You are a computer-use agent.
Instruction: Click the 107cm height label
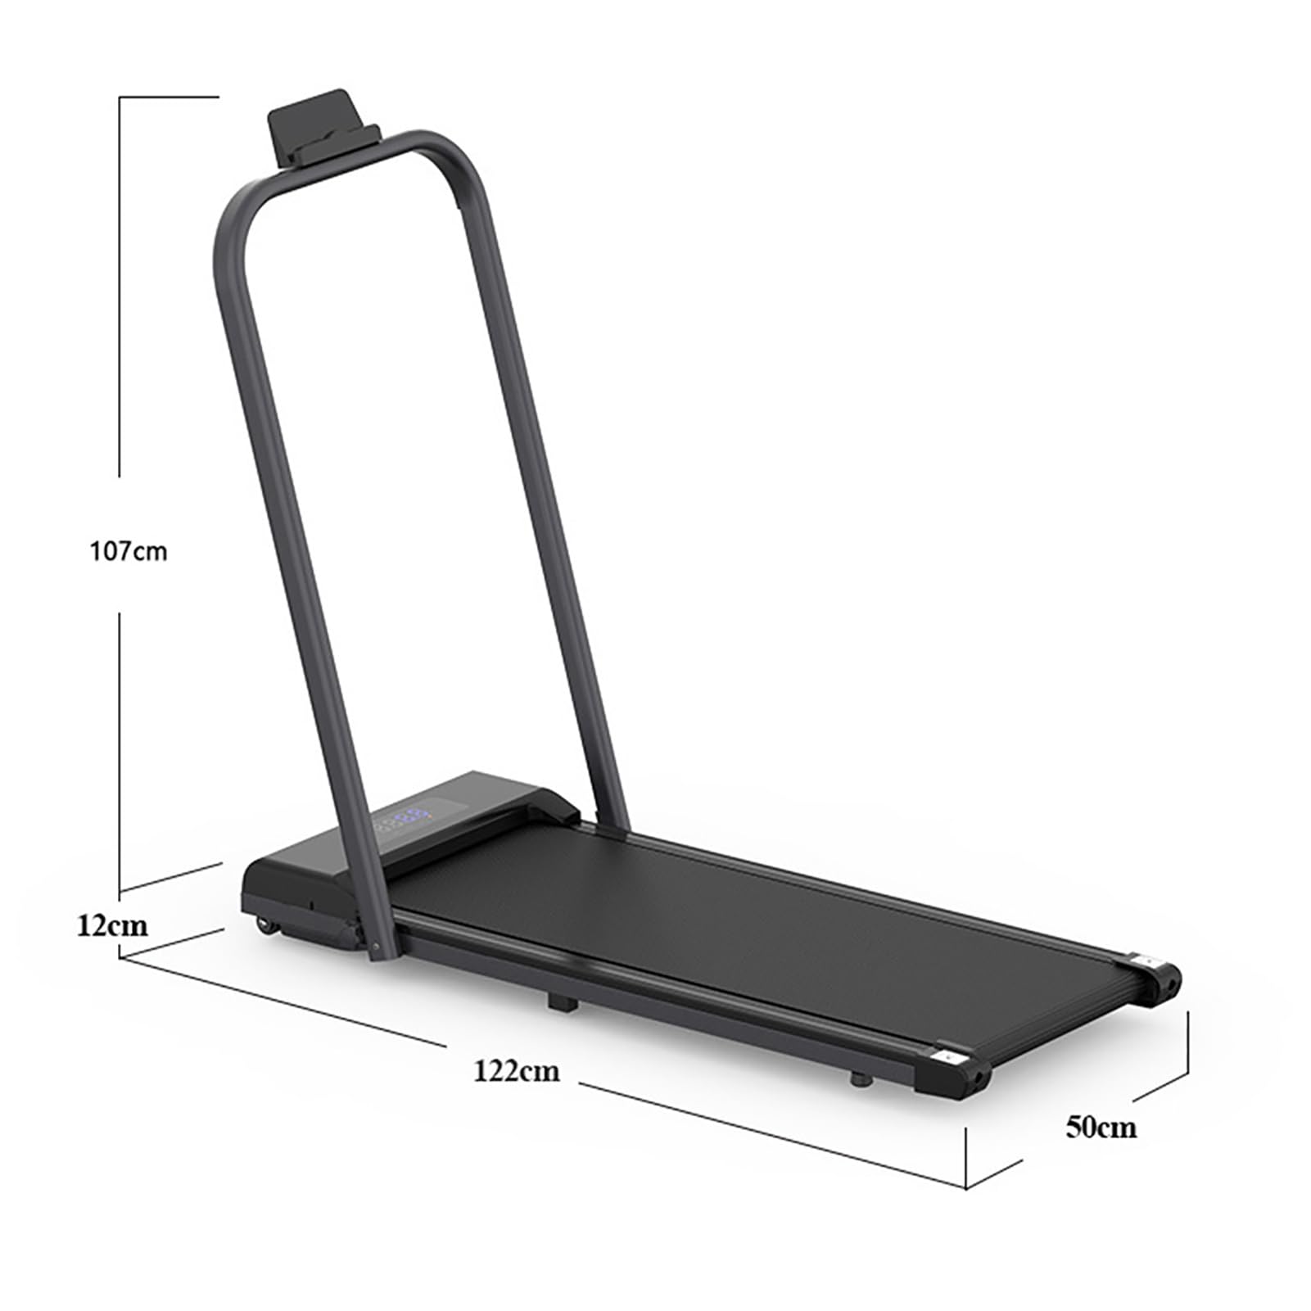[x=128, y=551]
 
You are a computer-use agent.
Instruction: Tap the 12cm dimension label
[x=112, y=925]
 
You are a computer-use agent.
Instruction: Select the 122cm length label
[x=517, y=1069]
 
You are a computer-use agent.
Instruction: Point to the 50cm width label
[x=1101, y=1127]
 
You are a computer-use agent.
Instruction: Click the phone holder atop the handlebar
[x=323, y=128]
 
